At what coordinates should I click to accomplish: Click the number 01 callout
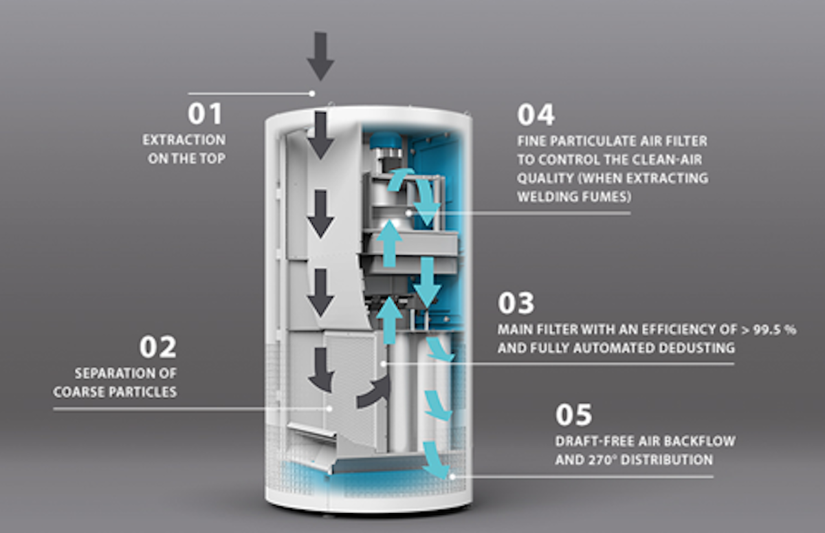[x=205, y=114]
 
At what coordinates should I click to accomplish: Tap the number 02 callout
[x=157, y=347]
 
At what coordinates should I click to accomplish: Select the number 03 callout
[x=516, y=303]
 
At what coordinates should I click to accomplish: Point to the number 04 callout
[x=536, y=114]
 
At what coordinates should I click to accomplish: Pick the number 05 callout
[x=573, y=415]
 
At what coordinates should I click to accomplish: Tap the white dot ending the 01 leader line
[x=312, y=93]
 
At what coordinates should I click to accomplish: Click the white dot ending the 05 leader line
[x=452, y=476]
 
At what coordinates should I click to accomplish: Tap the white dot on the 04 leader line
[x=410, y=213]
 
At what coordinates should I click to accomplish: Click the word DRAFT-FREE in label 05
[x=591, y=442]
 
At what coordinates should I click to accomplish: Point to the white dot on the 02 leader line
[x=329, y=409]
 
